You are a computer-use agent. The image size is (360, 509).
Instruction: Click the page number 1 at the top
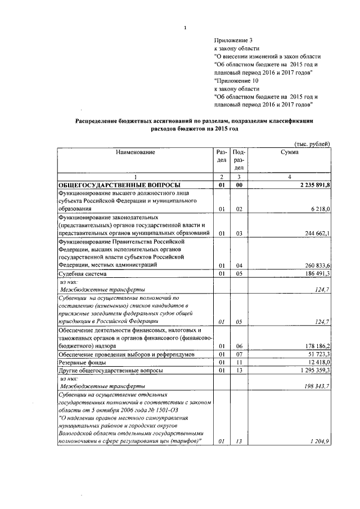[185, 28]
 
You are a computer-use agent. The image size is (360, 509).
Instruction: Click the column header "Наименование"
[135, 152]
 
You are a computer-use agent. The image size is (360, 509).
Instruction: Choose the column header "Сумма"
[289, 152]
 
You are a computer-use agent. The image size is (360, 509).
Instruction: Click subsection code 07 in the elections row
[238, 355]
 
